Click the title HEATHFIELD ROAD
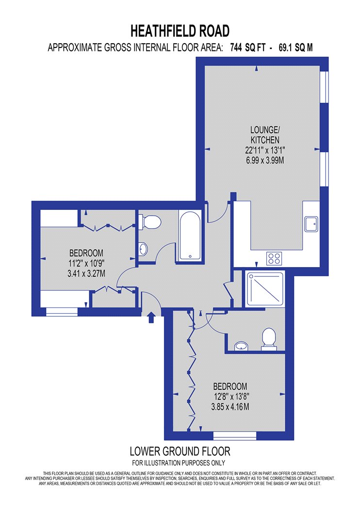(x=180, y=31)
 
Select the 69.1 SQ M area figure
(x=295, y=48)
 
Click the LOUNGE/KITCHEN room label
(x=265, y=135)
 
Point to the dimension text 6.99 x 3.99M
(x=265, y=160)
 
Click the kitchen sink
(x=311, y=224)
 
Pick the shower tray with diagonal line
(x=266, y=289)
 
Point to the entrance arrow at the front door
(x=151, y=318)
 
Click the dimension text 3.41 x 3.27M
(x=86, y=274)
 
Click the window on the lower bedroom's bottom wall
(x=235, y=436)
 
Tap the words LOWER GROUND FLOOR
(x=180, y=451)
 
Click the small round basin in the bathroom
(x=143, y=249)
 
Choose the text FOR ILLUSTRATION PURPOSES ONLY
(x=179, y=462)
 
